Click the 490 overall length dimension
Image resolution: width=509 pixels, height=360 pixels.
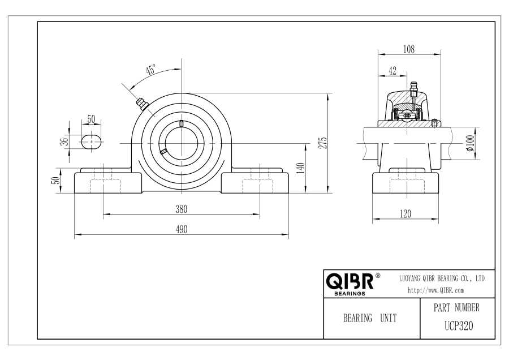[x=182, y=229]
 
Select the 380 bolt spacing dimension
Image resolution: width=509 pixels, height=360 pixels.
[x=182, y=209]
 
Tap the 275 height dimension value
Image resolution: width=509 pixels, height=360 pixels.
[x=323, y=143]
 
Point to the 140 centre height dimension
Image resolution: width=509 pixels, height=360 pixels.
[x=301, y=168]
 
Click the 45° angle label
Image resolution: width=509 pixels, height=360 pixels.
[x=151, y=70]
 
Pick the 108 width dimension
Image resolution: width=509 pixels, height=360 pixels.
[x=409, y=49]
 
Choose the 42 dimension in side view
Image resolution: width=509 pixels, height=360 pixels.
[x=392, y=71]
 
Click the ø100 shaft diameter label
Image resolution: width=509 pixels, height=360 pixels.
[x=470, y=143]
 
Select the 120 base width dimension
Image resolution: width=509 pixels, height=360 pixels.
[x=406, y=214]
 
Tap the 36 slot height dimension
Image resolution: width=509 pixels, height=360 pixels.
[x=65, y=142]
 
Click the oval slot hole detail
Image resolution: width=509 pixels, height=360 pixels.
[x=92, y=142]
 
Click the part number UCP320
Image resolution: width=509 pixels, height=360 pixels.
[x=459, y=325]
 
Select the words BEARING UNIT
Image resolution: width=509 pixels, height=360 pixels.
[x=370, y=318]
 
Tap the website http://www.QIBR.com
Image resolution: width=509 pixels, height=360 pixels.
[x=435, y=290]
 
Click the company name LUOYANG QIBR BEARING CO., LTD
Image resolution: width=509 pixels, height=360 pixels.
[x=442, y=278]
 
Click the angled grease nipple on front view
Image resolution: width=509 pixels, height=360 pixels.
[x=142, y=104]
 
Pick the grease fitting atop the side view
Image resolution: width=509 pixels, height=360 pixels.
[x=413, y=88]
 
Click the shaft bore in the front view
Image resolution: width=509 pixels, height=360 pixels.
[x=181, y=143]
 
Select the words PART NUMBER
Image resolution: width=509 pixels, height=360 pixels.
[x=456, y=307]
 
